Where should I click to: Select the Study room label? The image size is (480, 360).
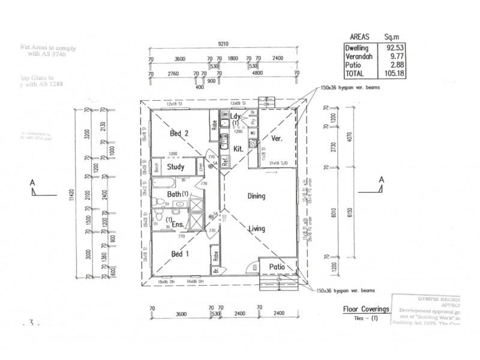(175, 167)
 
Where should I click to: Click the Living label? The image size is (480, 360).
(258, 229)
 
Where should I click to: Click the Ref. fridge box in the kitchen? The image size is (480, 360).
(226, 161)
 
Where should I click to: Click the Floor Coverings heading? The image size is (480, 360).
(365, 310)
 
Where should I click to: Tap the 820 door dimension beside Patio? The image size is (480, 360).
(254, 266)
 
